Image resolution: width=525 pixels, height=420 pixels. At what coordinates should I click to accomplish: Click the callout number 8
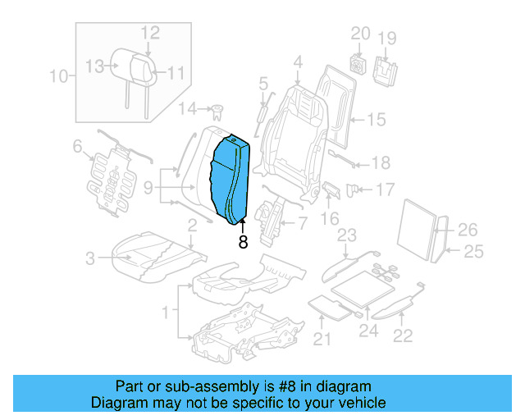click(242, 242)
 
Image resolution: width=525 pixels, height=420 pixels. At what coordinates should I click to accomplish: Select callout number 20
click(361, 34)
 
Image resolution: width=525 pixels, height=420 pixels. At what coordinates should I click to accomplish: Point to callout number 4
click(297, 62)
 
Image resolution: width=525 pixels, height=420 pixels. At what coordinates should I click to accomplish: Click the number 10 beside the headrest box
click(58, 78)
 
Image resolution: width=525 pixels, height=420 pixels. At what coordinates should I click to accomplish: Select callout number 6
click(78, 147)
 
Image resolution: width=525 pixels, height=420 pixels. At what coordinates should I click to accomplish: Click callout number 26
click(467, 230)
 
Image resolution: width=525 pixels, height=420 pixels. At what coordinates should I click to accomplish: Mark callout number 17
click(385, 189)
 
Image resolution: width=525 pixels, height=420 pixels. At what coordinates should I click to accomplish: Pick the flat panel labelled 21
click(330, 305)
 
